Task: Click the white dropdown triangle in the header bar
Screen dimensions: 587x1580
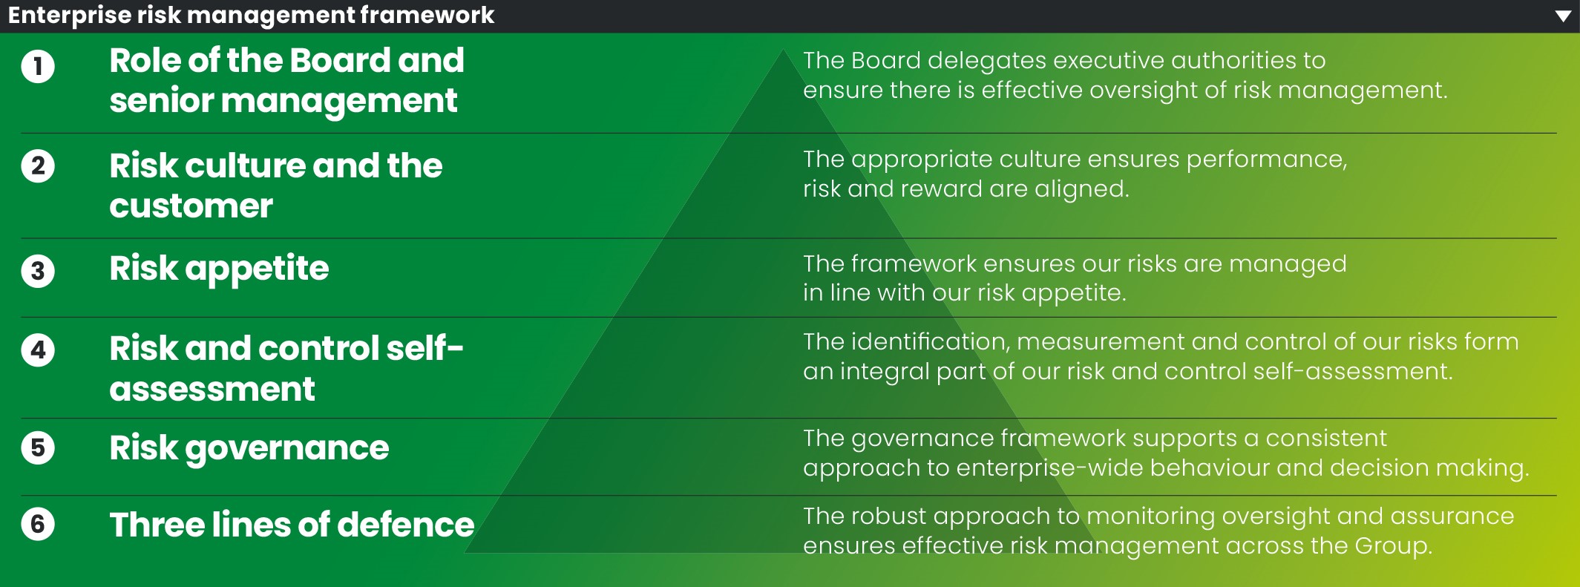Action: (1563, 16)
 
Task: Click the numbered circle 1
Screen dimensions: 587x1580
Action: (38, 67)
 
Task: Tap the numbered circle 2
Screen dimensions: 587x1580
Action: (38, 165)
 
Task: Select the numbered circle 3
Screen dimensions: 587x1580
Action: (38, 271)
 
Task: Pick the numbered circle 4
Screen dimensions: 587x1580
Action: (38, 350)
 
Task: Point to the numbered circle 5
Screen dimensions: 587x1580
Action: (38, 448)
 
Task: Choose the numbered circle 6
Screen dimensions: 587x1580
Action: (38, 525)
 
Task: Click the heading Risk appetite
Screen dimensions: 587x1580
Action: (219, 269)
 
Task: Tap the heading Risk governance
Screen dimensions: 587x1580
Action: (249, 448)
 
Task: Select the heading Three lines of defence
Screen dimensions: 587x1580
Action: (292, 525)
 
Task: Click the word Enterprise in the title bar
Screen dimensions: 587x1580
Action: (69, 16)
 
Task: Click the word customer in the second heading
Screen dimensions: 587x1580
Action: (191, 206)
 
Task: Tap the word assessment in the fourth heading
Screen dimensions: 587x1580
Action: (212, 389)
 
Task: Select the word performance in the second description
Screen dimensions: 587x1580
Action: (1266, 160)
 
